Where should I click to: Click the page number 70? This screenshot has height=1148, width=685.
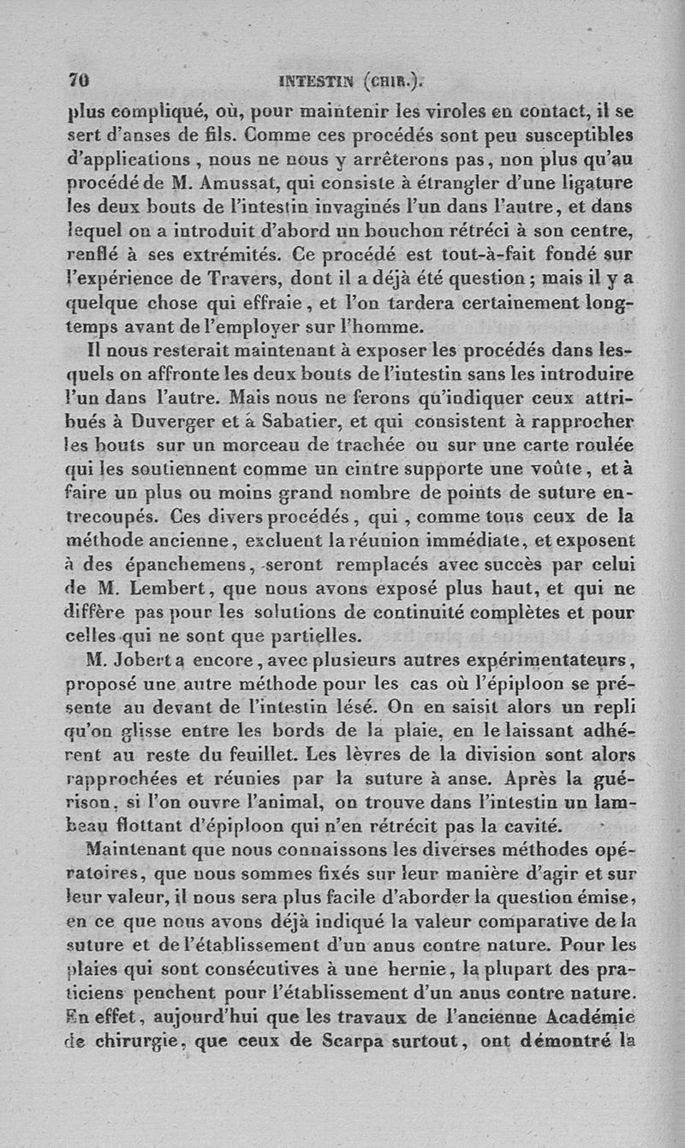79,82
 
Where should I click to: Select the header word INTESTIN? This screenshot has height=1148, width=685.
316,82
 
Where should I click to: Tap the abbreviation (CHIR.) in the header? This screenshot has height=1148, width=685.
393,82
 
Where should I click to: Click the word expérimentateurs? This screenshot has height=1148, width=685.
559,660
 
